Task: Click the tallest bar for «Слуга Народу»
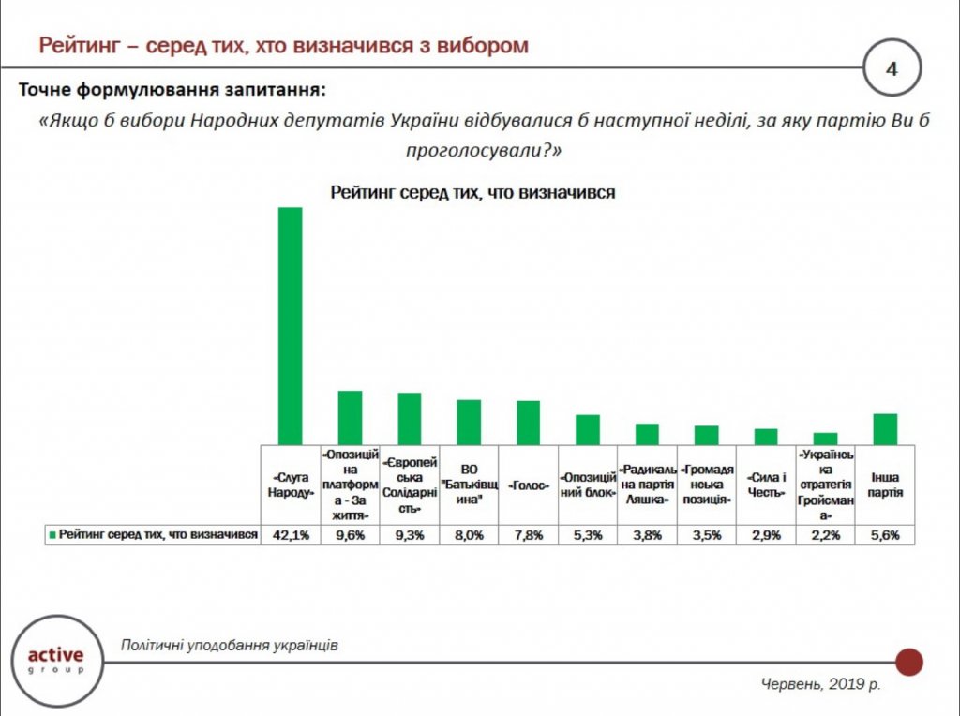coord(290,325)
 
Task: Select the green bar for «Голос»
coord(528,423)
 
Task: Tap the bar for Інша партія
coord(885,429)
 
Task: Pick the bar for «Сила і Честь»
coord(766,437)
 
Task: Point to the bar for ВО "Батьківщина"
coord(469,422)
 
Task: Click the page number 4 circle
coord(892,67)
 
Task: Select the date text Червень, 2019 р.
coord(819,685)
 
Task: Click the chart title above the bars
coord(472,192)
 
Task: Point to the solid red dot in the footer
coord(908,662)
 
